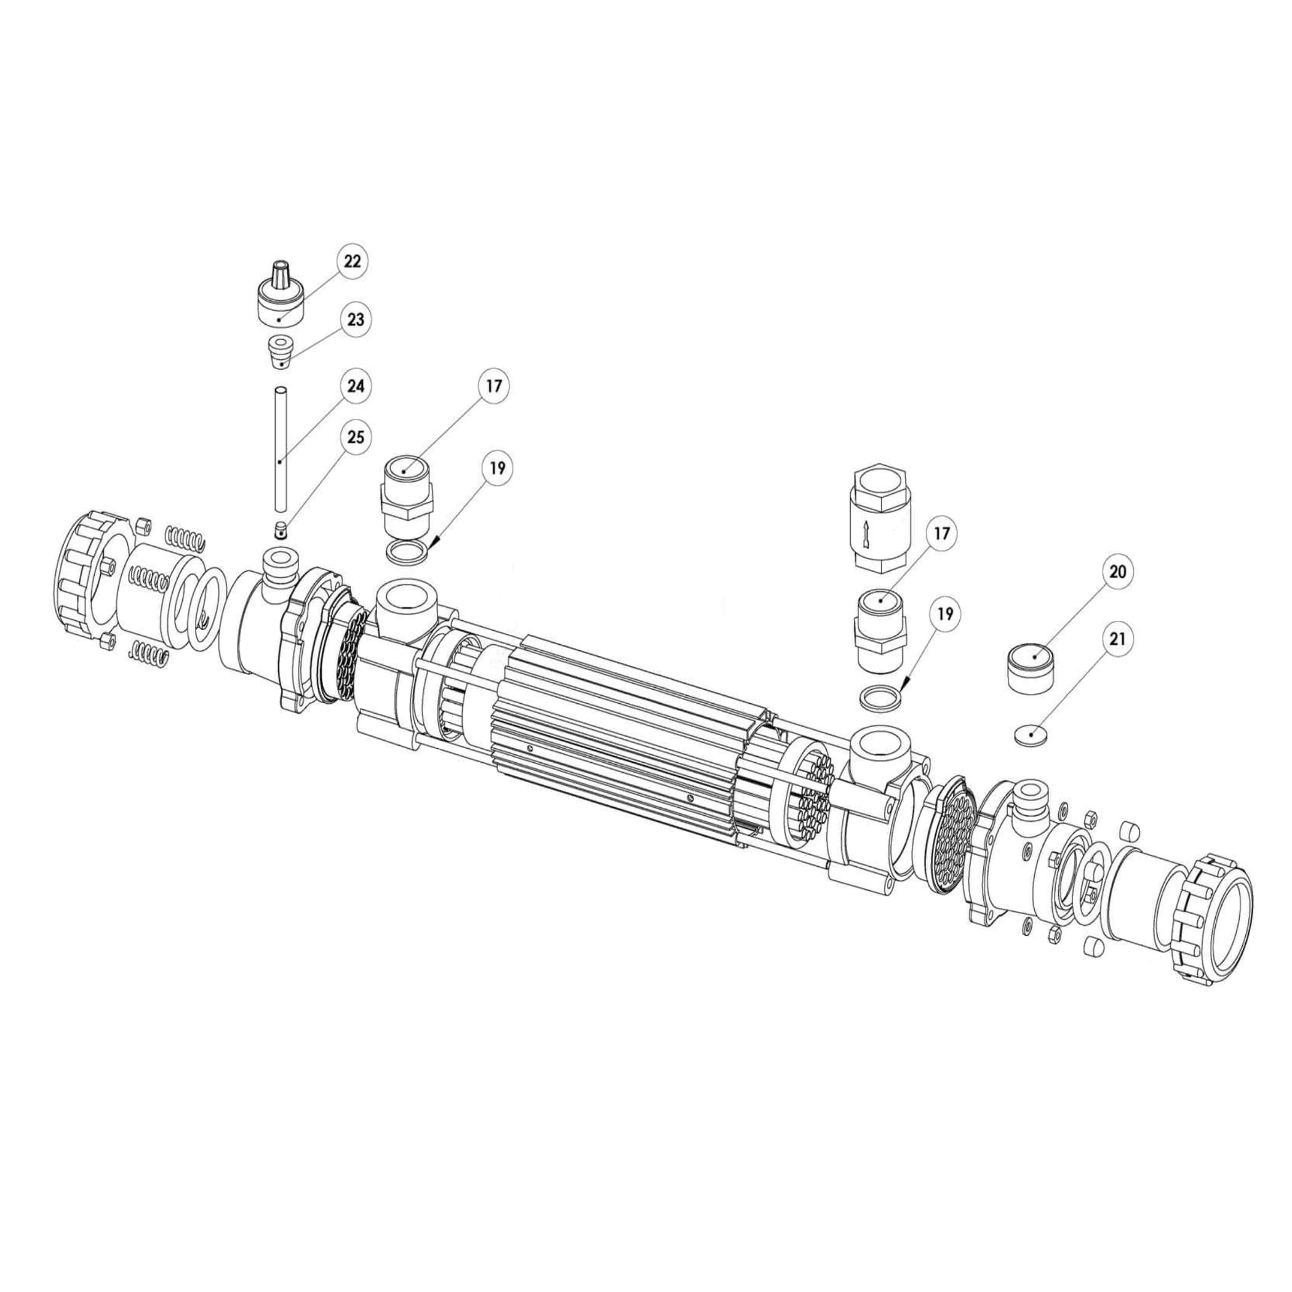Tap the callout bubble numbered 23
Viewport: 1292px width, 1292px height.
tap(355, 320)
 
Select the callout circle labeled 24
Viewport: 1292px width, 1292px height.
tap(356, 386)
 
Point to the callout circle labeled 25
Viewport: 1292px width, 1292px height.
tap(356, 437)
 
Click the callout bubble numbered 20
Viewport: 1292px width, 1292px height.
tap(1117, 572)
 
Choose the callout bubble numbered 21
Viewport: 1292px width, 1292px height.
tap(1117, 639)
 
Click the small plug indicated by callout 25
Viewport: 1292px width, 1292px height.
tap(281, 531)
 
